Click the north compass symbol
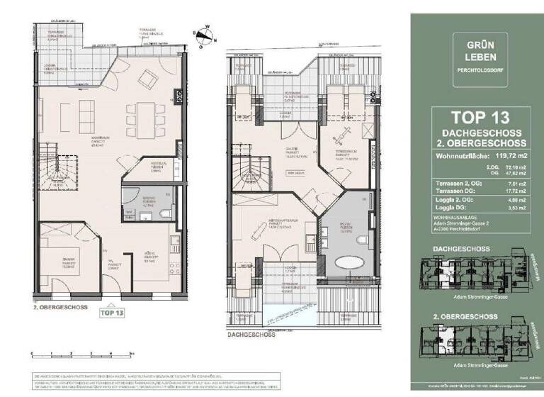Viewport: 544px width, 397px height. (x=205, y=32)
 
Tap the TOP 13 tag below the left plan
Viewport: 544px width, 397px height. (x=113, y=311)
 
